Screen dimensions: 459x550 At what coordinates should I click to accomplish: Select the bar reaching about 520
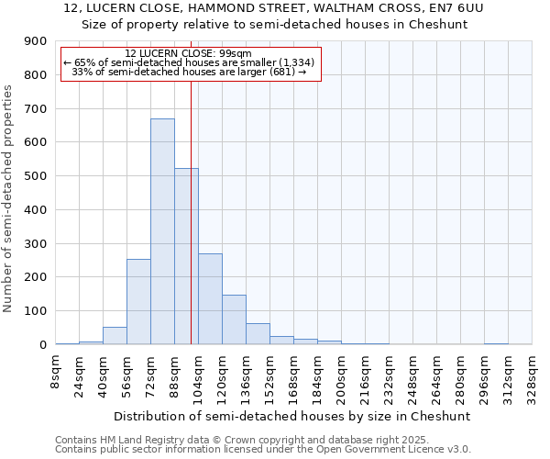[186, 256]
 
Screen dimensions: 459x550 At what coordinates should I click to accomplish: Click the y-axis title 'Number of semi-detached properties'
[9, 198]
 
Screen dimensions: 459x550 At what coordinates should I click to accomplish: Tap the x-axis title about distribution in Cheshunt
[293, 416]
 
